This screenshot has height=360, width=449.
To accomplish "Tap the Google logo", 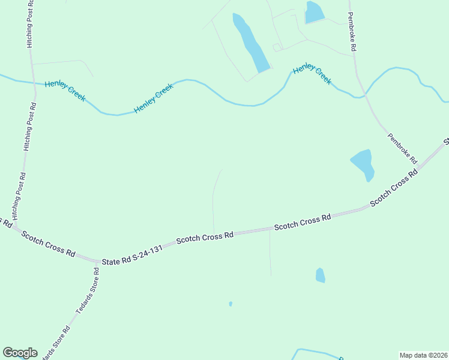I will [x=20, y=353].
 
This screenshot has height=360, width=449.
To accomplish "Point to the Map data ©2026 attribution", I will [x=423, y=355].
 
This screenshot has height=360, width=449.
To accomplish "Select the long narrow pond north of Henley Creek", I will [x=251, y=44].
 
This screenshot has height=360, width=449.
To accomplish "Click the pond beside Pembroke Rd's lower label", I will [x=363, y=163].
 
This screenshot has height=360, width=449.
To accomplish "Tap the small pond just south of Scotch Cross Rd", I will [x=320, y=275].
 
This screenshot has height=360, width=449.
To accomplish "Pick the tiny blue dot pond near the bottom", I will [x=231, y=304].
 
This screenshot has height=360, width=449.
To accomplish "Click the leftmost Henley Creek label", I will [x=65, y=91].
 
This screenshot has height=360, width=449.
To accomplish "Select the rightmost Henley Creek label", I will [x=312, y=75].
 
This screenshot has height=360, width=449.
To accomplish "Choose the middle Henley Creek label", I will [x=154, y=98].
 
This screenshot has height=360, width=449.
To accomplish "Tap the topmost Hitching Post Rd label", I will [x=30, y=24].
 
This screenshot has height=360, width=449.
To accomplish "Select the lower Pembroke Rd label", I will [x=402, y=148].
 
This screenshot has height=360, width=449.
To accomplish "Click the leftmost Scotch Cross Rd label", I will [x=48, y=244].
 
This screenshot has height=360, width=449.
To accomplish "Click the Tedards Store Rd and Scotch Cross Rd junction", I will [x=97, y=262].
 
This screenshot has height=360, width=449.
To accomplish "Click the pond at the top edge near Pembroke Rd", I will [x=314, y=12].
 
